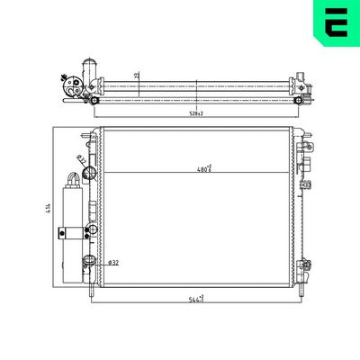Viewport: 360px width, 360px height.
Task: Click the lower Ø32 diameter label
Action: point(113,262)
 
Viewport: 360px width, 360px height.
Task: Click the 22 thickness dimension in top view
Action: point(137,76)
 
